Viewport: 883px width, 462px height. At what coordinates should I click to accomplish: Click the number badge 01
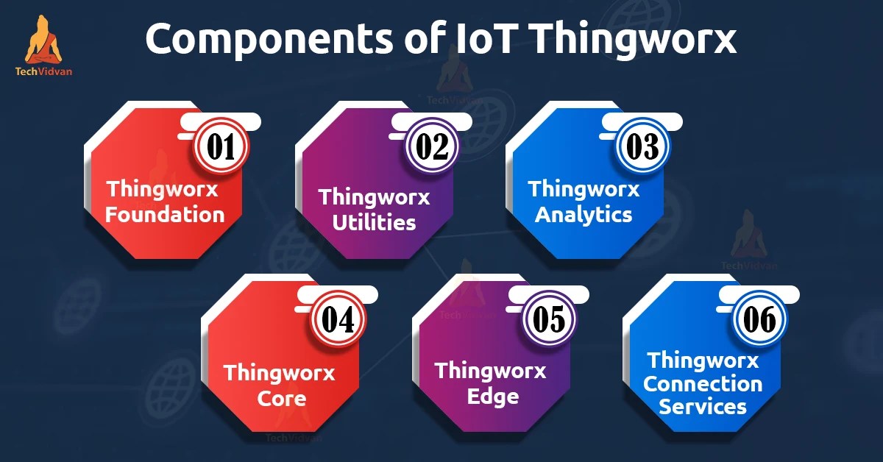click(221, 146)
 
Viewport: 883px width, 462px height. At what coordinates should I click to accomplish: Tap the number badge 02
click(432, 146)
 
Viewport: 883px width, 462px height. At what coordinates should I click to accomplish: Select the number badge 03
click(642, 146)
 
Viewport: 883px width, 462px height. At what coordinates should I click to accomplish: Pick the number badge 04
click(338, 320)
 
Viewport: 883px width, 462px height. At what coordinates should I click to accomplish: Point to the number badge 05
click(549, 320)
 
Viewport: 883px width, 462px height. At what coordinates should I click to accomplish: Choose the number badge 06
click(760, 320)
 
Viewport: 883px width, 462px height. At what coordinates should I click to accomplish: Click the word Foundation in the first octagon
click(165, 215)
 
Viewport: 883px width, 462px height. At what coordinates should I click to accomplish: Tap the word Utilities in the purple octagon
click(374, 222)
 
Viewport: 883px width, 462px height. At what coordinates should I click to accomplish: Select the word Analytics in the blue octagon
click(584, 215)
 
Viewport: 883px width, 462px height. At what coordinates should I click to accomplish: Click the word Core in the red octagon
click(282, 399)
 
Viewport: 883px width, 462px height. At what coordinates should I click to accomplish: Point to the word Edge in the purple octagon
click(493, 397)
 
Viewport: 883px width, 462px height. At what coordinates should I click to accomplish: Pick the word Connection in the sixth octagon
click(703, 384)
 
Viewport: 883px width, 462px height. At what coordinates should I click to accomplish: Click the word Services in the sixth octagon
click(703, 406)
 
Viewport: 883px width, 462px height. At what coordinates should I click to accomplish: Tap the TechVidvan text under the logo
click(43, 72)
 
